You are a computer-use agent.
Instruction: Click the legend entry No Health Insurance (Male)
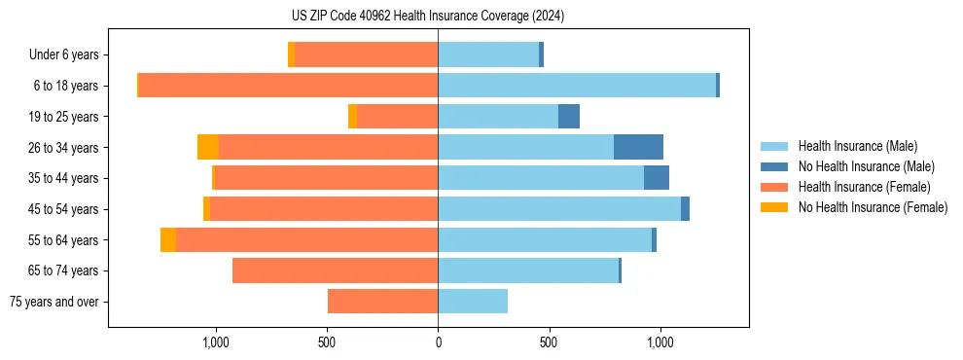pyautogui.click(x=866, y=166)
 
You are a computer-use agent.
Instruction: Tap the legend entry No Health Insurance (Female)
pyautogui.click(x=873, y=207)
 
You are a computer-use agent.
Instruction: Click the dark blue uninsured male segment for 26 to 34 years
pyautogui.click(x=638, y=147)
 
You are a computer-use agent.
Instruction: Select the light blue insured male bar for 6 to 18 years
pyautogui.click(x=577, y=86)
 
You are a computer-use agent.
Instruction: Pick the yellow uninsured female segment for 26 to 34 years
pyautogui.click(x=208, y=147)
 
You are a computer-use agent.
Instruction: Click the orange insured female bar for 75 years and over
pyautogui.click(x=382, y=302)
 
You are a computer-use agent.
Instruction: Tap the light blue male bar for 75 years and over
pyautogui.click(x=473, y=302)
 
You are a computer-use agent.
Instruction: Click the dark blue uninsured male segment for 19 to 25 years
pyautogui.click(x=569, y=117)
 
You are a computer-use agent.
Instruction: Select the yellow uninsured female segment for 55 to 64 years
pyautogui.click(x=168, y=240)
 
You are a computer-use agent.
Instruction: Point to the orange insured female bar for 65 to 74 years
pyautogui.click(x=335, y=270)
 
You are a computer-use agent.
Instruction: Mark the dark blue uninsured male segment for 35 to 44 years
pyautogui.click(x=657, y=178)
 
